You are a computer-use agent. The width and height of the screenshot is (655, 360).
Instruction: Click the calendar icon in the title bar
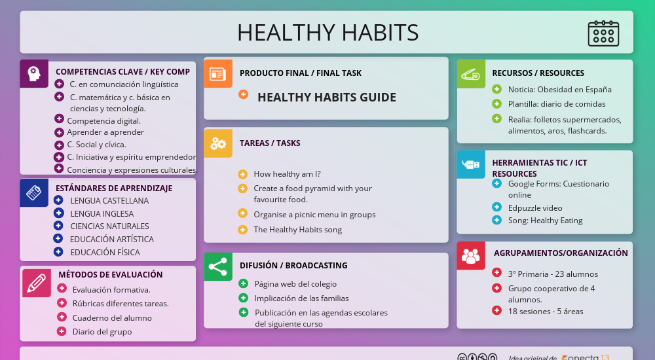603,33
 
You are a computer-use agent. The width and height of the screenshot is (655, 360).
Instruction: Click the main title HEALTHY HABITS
327,33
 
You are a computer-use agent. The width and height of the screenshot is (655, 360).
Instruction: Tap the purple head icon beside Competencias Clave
33,73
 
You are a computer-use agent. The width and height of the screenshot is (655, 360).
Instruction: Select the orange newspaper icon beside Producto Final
217,73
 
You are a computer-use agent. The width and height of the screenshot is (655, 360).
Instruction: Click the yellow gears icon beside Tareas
217,143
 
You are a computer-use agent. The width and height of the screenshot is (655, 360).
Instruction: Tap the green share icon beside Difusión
217,266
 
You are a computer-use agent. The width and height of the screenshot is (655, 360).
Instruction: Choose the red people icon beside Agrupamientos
470,255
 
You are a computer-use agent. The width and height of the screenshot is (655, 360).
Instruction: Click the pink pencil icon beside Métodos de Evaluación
36,283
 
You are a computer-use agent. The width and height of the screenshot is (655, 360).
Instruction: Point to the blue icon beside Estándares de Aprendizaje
33,193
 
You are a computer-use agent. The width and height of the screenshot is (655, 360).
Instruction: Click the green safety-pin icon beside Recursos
470,73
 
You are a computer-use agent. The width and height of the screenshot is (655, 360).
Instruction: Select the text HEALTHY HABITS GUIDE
326,98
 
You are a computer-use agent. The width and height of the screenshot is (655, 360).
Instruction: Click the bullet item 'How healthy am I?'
287,174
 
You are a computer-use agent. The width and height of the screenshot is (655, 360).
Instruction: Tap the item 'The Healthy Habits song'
297,230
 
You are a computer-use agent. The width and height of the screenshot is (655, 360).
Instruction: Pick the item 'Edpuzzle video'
535,208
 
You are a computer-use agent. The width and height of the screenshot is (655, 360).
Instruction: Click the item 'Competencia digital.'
103,120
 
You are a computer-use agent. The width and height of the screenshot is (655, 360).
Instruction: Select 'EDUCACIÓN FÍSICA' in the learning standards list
105,252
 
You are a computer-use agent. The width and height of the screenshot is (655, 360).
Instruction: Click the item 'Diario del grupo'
102,332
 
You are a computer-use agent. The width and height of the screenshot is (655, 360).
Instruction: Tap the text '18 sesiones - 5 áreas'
546,312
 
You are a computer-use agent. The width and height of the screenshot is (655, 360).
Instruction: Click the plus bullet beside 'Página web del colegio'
243,283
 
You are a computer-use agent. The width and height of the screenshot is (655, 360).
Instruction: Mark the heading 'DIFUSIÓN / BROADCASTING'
293,266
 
